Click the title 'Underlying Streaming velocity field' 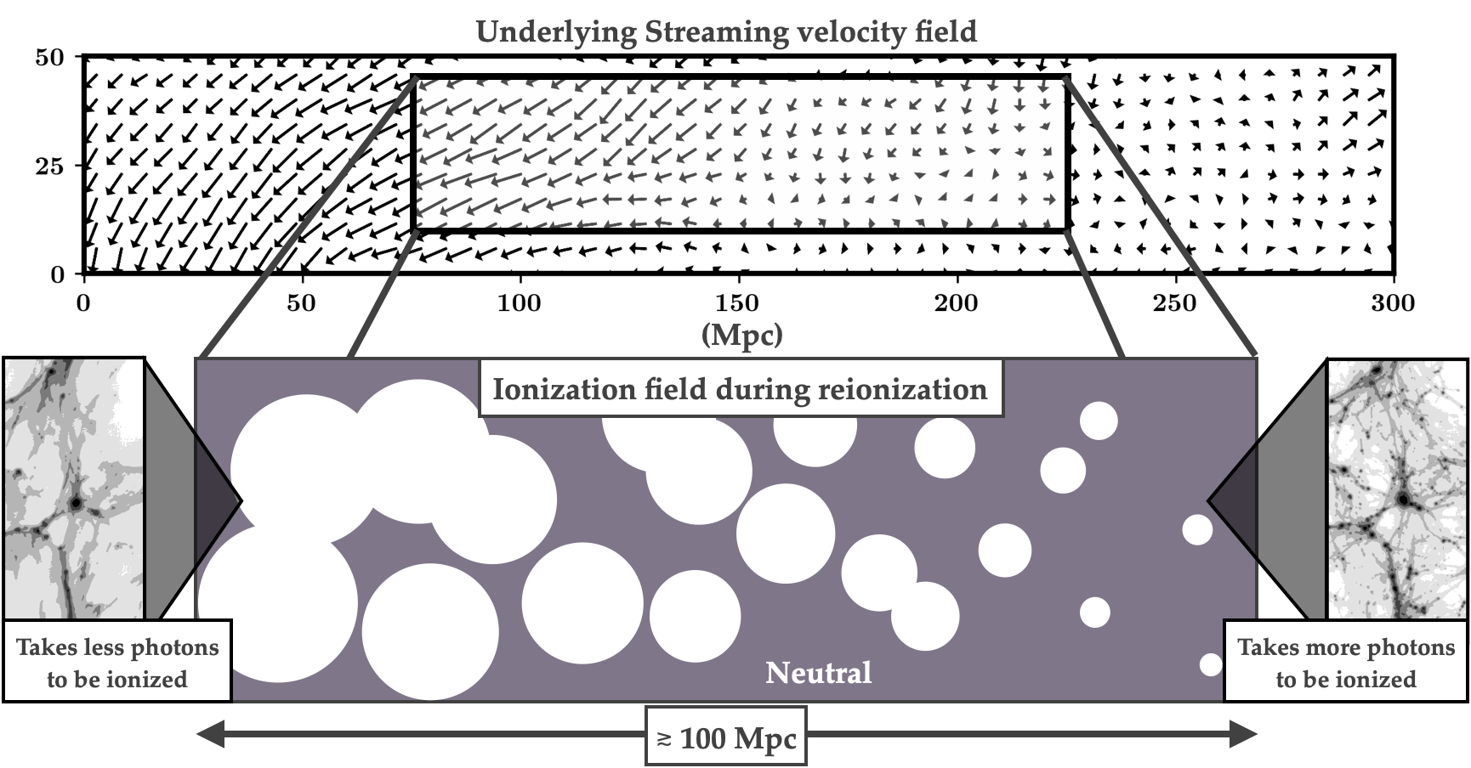click(x=725, y=32)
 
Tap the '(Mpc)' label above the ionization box click(x=741, y=336)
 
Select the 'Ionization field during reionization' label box click(x=740, y=389)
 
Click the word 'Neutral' click(x=818, y=673)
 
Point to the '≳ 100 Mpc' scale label click(x=726, y=737)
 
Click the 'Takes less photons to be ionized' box click(x=117, y=663)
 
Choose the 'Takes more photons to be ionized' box click(x=1346, y=663)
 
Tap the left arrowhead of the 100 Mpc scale click(x=209, y=736)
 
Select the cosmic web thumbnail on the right click(x=1397, y=488)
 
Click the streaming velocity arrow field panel click(x=740, y=154)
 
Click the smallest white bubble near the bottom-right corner click(x=1211, y=664)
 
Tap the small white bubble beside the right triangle click(x=1197, y=530)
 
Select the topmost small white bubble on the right click(x=1099, y=421)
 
